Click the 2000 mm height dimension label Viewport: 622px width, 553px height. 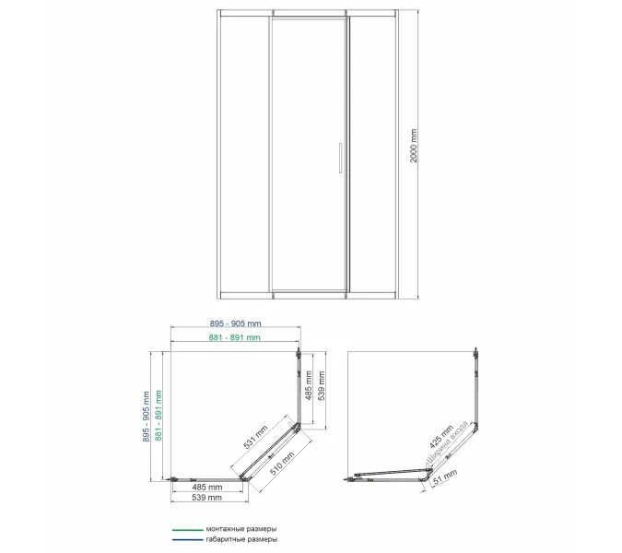[414, 146]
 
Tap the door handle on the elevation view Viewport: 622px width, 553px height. [340, 158]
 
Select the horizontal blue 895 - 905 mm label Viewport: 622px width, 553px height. [236, 324]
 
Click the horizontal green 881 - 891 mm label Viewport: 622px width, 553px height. [234, 337]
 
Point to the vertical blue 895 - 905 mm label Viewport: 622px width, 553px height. [146, 417]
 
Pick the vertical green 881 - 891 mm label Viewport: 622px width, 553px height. [158, 416]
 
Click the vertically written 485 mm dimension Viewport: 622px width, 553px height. [309, 385]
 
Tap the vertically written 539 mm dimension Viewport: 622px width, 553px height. [322, 385]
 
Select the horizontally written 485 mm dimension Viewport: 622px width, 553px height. [207, 487]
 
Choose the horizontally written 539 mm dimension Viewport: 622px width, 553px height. [206, 498]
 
